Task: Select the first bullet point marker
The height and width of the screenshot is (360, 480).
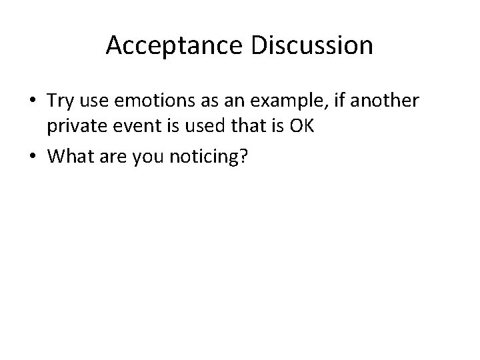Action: click(x=33, y=101)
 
